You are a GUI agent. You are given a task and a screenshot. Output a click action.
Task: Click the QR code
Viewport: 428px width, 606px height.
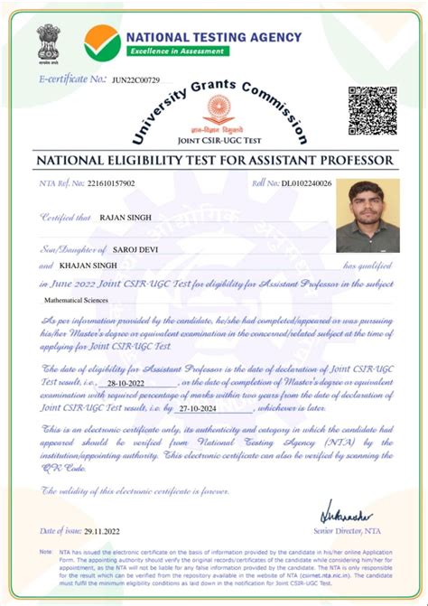(x=372, y=109)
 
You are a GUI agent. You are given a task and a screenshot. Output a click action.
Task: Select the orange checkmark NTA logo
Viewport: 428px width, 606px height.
(x=101, y=42)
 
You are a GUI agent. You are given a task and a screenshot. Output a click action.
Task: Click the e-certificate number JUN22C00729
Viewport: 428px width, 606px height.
(x=135, y=80)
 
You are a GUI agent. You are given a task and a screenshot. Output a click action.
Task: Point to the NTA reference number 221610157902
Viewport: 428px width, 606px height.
(x=111, y=183)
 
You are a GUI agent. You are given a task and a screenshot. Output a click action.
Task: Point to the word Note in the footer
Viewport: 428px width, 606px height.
(x=45, y=550)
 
